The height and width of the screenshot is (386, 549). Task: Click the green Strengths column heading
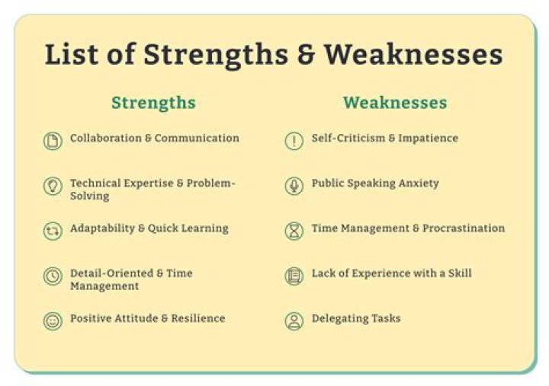coord(153,103)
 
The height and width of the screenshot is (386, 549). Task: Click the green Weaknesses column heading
coord(395,103)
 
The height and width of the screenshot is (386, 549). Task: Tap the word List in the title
coord(72,55)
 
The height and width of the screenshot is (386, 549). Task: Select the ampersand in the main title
coord(306,56)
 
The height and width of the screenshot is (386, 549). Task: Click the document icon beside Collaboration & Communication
coord(53,141)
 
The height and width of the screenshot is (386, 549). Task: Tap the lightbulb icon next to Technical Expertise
coord(53,186)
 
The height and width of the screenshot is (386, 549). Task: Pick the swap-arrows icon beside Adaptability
coord(53,231)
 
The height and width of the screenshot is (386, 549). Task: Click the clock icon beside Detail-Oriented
coord(53,276)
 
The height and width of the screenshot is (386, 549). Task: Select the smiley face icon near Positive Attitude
coord(53,321)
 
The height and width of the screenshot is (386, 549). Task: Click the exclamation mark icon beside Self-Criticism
coord(294,141)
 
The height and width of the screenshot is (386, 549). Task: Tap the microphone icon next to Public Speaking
coord(294,186)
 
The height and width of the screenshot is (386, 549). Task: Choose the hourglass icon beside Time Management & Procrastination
coord(294,231)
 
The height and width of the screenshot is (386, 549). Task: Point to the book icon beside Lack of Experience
coord(294,276)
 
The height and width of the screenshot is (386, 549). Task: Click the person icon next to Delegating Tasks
coord(294,321)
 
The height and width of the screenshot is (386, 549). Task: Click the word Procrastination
coord(464,228)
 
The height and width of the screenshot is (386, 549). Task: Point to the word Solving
coord(90,196)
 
